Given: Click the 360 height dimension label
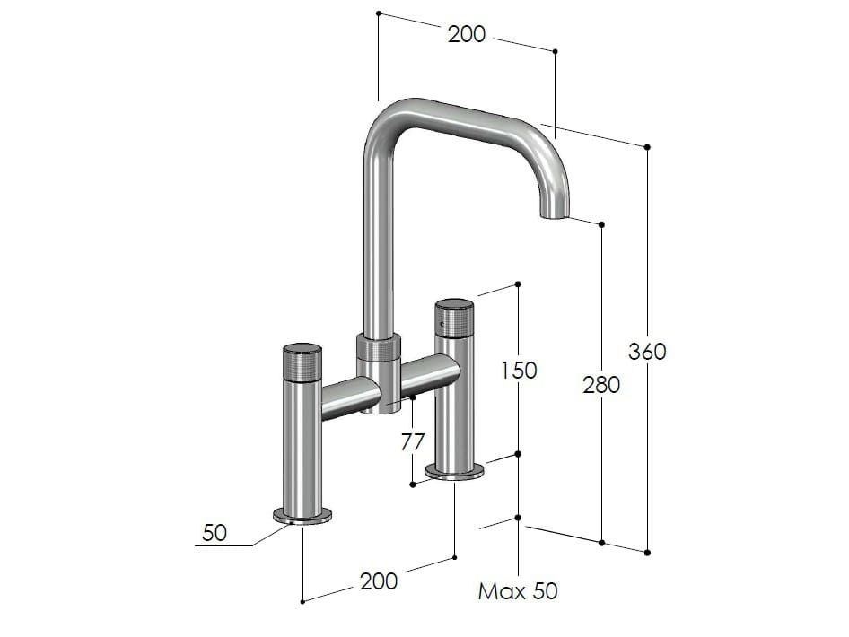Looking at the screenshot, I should coord(647,351).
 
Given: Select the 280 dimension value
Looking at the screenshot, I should coord(601,385).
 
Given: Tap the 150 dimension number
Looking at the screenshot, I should coord(518,369).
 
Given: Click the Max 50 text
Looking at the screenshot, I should coord(518,591).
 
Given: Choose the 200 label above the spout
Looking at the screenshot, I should coord(466,34).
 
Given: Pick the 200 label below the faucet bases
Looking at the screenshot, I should coord(378,580).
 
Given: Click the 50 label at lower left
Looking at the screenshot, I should coord(214,533).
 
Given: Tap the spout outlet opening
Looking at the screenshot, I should coord(554,214).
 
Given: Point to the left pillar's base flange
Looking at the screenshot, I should coord(302,515).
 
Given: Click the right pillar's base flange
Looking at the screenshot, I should coord(454,471).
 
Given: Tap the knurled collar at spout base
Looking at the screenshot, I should coord(379,347).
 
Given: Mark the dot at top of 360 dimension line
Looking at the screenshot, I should coord(647,146).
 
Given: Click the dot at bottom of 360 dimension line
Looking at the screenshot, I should coord(647,551).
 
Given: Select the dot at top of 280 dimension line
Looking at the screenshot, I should coord(601,224).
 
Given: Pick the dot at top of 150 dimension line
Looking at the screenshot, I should coord(518,285).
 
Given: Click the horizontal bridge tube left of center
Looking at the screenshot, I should coord(348,397).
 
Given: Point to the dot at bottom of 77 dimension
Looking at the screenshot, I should coord(412,484).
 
